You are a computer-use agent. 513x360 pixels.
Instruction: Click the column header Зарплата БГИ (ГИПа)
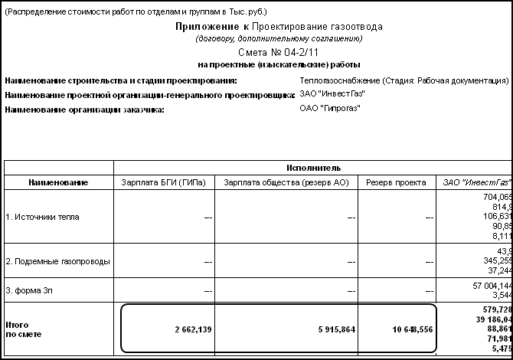pos(163,182)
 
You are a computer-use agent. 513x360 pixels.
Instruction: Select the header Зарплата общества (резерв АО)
pos(286,182)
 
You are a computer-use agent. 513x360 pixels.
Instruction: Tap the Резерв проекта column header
pos(396,182)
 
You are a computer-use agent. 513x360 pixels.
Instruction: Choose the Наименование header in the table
pos(58,182)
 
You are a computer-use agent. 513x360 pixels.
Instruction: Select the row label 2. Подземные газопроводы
pos(57,261)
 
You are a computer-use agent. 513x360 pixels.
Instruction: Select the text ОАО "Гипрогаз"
pos(330,108)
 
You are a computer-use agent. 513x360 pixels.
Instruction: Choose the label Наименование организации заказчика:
pos(84,109)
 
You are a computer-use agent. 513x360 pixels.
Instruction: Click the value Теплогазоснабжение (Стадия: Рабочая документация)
pos(405,80)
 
